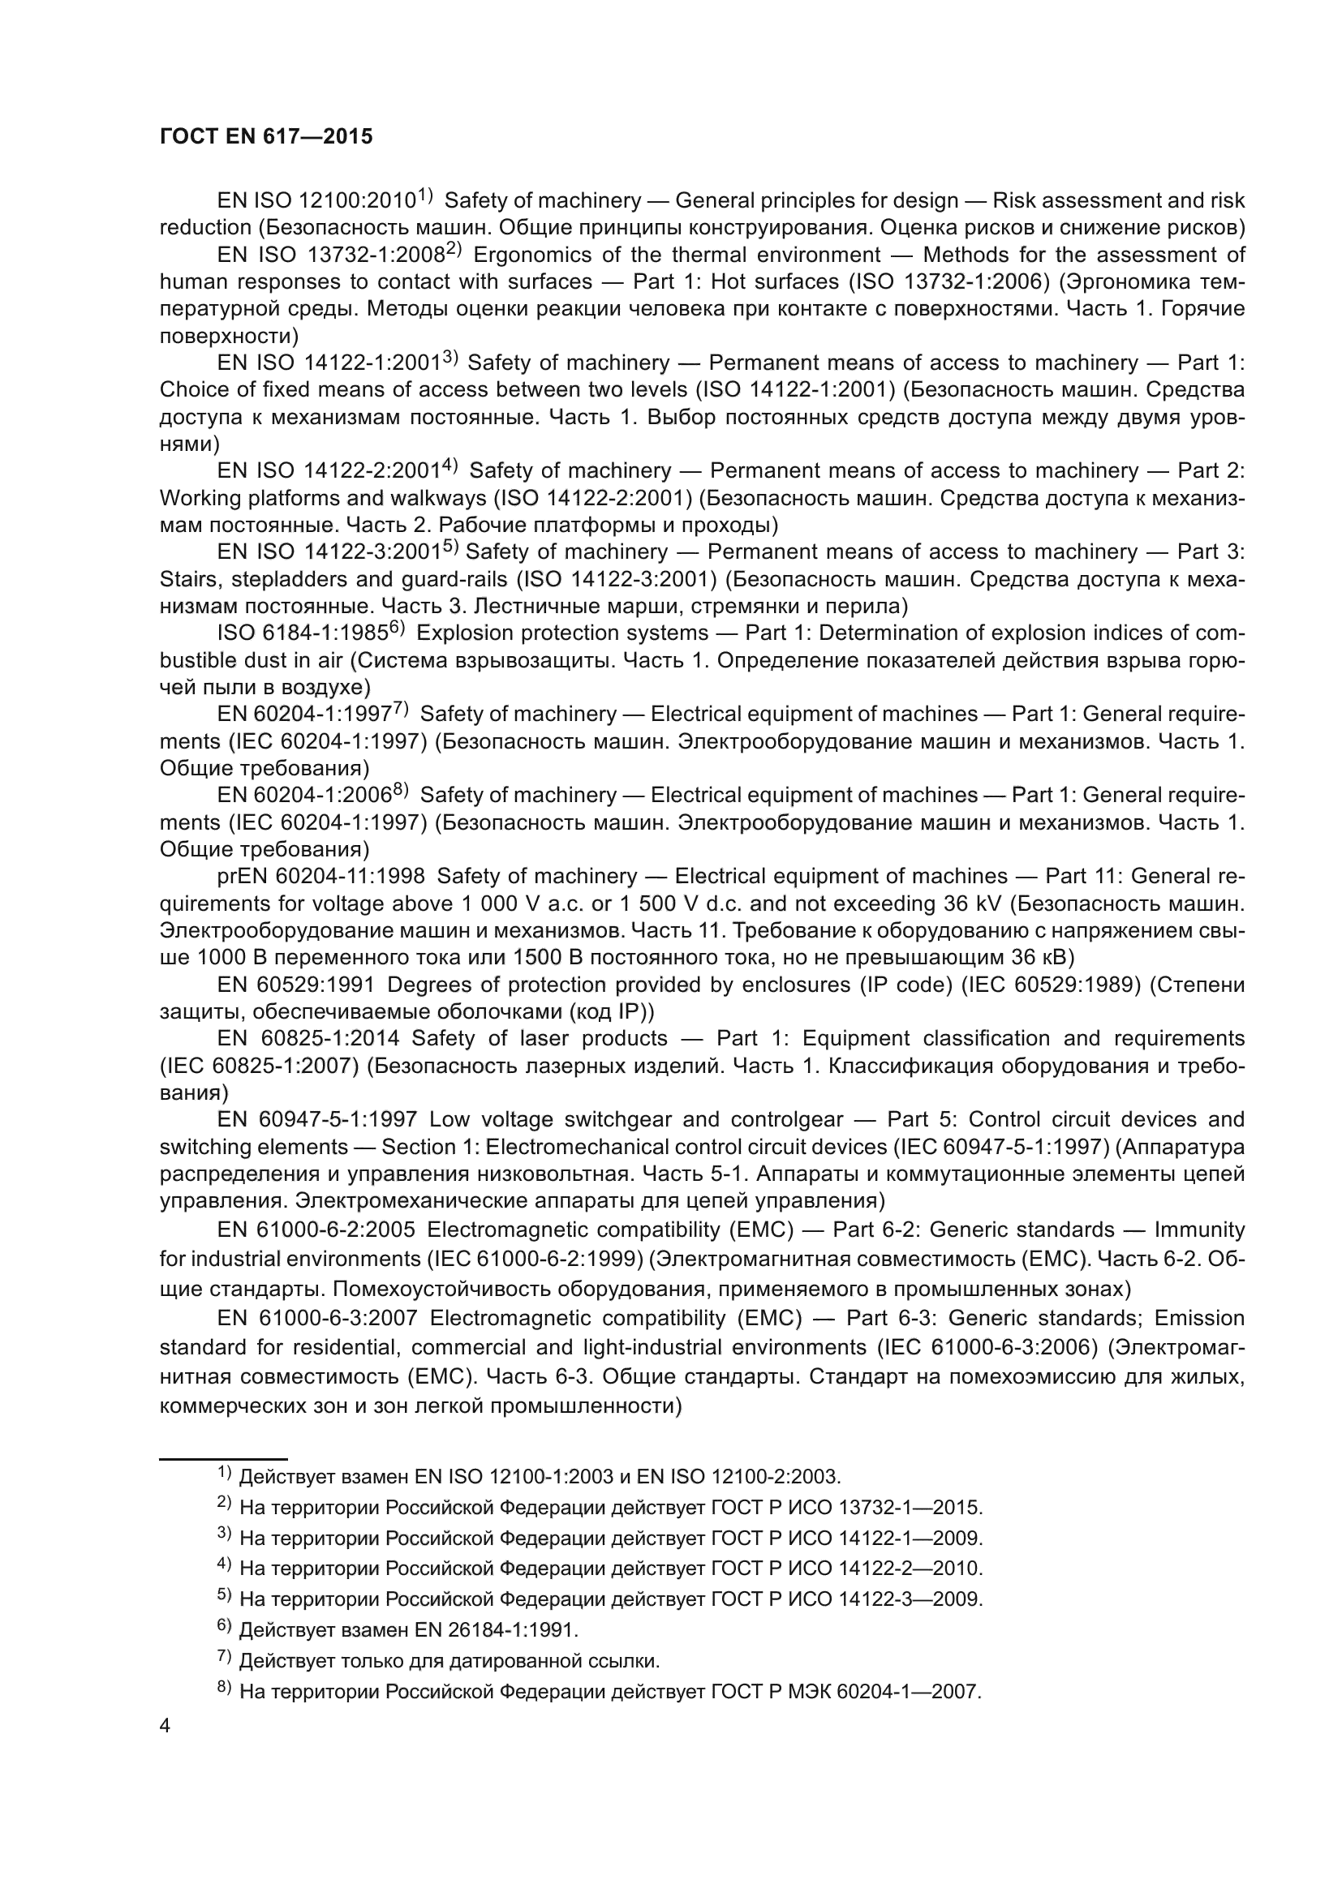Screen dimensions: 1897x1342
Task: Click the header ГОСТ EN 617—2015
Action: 265,136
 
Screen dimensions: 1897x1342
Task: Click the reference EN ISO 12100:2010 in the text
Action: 315,201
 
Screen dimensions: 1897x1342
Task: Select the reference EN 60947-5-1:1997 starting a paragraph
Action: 316,1119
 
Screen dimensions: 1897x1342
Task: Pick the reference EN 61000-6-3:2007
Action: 317,1317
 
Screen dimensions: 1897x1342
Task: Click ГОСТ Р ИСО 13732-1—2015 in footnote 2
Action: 846,1508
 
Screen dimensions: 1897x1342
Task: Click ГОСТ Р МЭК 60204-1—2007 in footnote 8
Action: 845,1692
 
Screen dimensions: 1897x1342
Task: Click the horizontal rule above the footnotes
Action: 222,1459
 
